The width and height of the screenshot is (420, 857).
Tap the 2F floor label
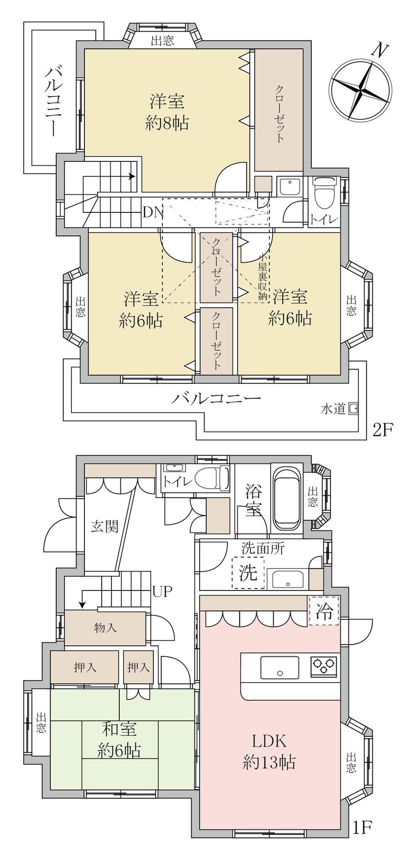click(x=382, y=430)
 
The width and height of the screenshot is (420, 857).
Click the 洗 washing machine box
click(x=248, y=572)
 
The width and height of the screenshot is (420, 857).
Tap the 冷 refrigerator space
click(x=324, y=611)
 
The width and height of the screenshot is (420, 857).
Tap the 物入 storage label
click(x=105, y=629)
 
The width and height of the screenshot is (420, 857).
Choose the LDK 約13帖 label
click(x=269, y=751)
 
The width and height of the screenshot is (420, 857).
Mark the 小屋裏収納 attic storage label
click(x=263, y=277)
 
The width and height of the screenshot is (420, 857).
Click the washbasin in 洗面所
click(x=288, y=579)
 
